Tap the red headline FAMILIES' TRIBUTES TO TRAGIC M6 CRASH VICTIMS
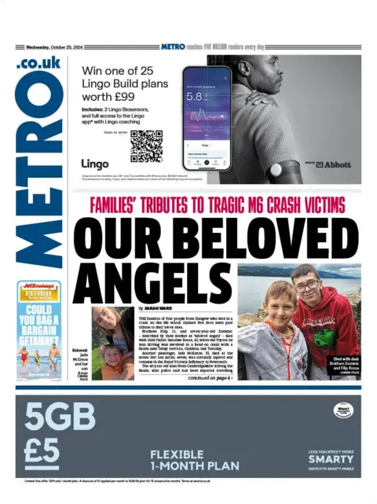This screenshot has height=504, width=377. pos(218,206)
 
